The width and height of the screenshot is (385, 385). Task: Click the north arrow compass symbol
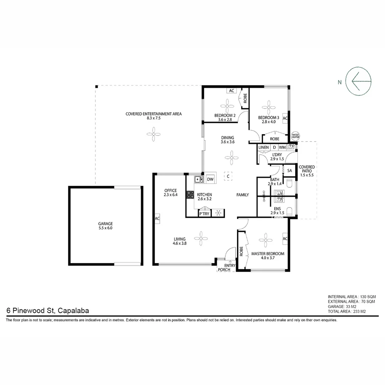point(359,81)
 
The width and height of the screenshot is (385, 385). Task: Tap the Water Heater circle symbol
point(296,136)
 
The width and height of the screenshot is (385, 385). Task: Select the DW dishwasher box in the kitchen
point(210,179)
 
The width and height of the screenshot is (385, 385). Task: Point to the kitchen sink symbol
point(199,179)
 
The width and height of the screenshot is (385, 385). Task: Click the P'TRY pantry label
point(204,214)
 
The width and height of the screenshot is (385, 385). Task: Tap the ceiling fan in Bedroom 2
point(227,106)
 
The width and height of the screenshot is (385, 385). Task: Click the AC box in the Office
point(157,218)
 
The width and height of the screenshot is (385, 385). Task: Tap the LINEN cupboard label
point(264,147)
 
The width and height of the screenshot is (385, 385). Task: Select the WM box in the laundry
point(282,147)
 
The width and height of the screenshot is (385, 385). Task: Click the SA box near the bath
point(289,171)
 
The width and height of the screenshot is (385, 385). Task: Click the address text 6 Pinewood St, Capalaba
point(47,310)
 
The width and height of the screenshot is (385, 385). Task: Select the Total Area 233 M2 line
point(347,311)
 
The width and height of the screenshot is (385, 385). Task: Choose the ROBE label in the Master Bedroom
point(241,251)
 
